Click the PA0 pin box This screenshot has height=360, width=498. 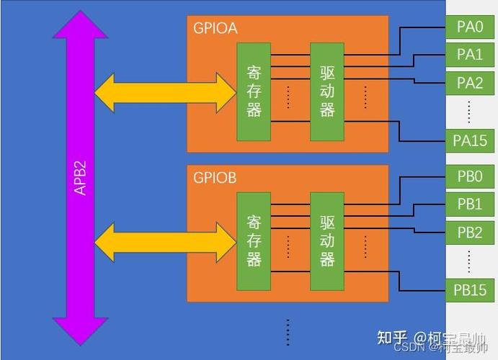tap(470, 27)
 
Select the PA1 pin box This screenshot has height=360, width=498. tap(470, 55)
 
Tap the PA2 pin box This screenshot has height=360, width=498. tap(470, 82)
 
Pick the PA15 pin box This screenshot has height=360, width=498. tap(470, 141)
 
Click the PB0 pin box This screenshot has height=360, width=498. tap(470, 177)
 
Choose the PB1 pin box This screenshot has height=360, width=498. tap(470, 204)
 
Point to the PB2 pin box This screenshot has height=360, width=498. tap(470, 232)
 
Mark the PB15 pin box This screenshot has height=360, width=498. tap(470, 290)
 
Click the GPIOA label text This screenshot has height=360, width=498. tap(215, 29)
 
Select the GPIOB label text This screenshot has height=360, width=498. tap(215, 178)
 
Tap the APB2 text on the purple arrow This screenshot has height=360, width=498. tap(81, 177)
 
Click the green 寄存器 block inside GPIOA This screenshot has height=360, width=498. tap(254, 91)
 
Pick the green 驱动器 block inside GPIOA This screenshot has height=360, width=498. tap(327, 91)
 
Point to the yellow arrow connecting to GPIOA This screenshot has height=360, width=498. tap(165, 92)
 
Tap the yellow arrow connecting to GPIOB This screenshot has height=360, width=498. tap(165, 242)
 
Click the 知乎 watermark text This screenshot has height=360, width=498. tap(393, 337)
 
